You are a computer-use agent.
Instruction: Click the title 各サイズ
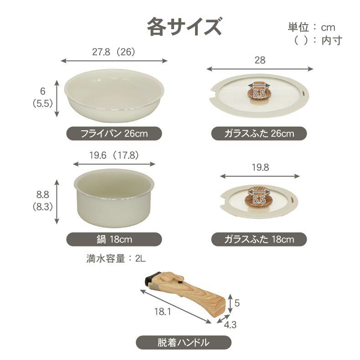[184, 26]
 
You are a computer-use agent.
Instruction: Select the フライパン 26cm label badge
[114, 134]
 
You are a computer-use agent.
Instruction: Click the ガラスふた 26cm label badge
[259, 134]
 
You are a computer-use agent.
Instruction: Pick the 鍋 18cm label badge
[114, 239]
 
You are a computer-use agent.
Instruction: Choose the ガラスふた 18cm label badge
[259, 239]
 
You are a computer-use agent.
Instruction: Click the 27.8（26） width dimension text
[114, 52]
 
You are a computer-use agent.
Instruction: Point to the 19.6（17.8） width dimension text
[114, 155]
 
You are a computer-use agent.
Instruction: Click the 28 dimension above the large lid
[260, 60]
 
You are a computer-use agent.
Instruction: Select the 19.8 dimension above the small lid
[260, 167]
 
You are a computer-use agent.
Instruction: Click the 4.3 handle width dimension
[230, 325]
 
